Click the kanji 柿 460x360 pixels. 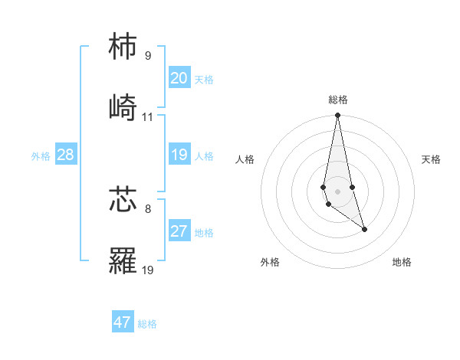[x=123, y=47]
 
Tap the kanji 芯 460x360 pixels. [x=123, y=198]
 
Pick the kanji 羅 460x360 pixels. [x=123, y=260]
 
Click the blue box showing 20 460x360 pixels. [x=179, y=78]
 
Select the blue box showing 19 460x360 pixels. [x=179, y=155]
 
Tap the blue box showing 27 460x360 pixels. [x=179, y=231]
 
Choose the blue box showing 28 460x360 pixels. [x=66, y=155]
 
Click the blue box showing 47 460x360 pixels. [x=123, y=322]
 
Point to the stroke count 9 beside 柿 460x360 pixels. [x=148, y=56]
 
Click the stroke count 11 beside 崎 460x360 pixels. [x=148, y=117]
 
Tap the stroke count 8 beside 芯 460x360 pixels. [x=148, y=208]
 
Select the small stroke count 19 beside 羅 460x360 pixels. [x=148, y=270]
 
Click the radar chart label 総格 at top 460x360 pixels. [x=338, y=100]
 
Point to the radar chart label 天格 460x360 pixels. [x=432, y=159]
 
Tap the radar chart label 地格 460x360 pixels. [x=402, y=262]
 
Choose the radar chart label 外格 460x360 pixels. [x=270, y=262]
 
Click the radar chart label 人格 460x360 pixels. [x=245, y=159]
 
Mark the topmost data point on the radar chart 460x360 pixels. [x=337, y=116]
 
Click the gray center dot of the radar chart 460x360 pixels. [x=337, y=191]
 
